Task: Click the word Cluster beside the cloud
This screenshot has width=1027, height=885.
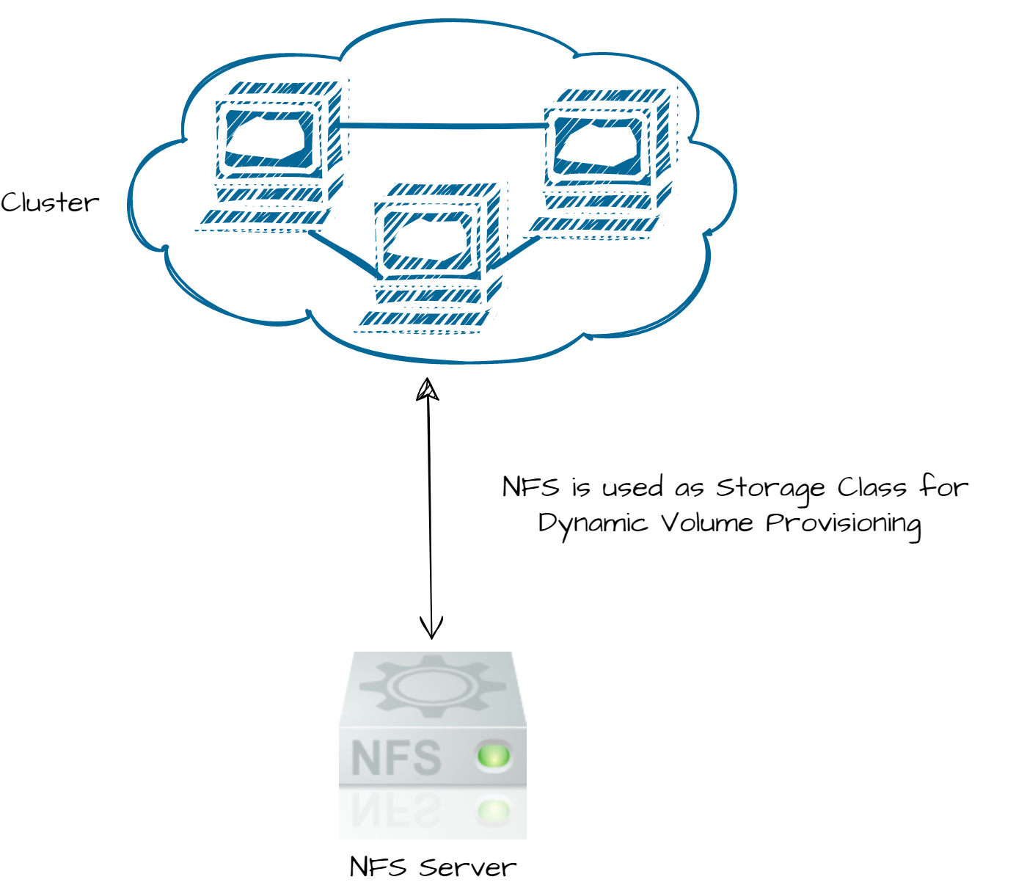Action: pos(49,203)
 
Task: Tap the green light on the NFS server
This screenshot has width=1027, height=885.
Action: pos(493,755)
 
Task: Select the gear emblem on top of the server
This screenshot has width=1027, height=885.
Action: pos(433,687)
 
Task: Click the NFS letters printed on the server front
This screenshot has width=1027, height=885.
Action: pos(396,758)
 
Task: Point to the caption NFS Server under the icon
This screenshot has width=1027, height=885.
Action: pos(433,867)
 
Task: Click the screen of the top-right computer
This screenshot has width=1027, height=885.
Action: pos(598,144)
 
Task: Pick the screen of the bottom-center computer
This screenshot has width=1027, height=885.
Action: pos(426,239)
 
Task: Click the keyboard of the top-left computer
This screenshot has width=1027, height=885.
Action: pos(264,218)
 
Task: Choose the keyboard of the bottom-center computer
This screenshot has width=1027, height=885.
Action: pos(423,319)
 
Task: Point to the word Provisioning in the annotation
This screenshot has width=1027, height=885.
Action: pos(844,524)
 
